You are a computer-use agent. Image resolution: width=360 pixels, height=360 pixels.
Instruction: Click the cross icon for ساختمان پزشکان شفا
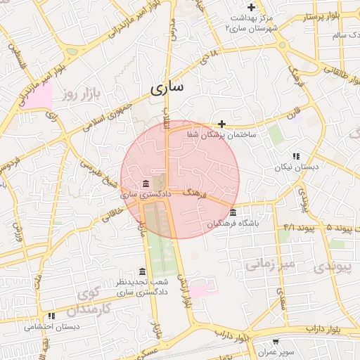(x=222, y=124)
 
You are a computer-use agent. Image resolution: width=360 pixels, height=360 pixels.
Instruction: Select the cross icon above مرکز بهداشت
(x=252, y=7)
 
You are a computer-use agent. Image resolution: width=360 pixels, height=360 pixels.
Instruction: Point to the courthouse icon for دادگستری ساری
(x=146, y=184)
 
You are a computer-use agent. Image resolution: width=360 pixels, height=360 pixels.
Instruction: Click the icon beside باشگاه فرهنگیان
(x=233, y=213)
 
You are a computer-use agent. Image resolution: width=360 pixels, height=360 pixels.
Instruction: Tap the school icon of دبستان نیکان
(x=296, y=156)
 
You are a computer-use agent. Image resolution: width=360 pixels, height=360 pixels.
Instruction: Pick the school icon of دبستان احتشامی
(x=51, y=316)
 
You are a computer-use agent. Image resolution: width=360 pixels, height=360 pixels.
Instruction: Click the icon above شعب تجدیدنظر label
(x=142, y=271)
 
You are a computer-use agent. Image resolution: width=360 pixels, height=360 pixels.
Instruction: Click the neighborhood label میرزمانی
(x=267, y=265)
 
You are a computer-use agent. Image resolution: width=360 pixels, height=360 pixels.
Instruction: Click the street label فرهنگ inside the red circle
(x=193, y=191)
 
